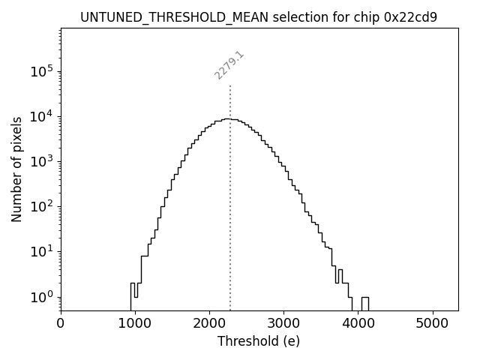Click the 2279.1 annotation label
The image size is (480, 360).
pos(229,65)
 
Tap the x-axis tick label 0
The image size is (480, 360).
pos(61,324)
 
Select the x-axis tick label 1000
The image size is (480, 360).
pos(135,324)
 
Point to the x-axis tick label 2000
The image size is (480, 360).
pos(209,324)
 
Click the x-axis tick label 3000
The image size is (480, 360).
pos(283,324)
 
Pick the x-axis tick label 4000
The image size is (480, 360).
pos(358,324)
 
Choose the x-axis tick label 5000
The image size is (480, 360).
pos(432,324)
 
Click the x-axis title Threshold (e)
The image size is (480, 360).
pos(259,341)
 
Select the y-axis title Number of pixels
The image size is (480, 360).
pos(17,169)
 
